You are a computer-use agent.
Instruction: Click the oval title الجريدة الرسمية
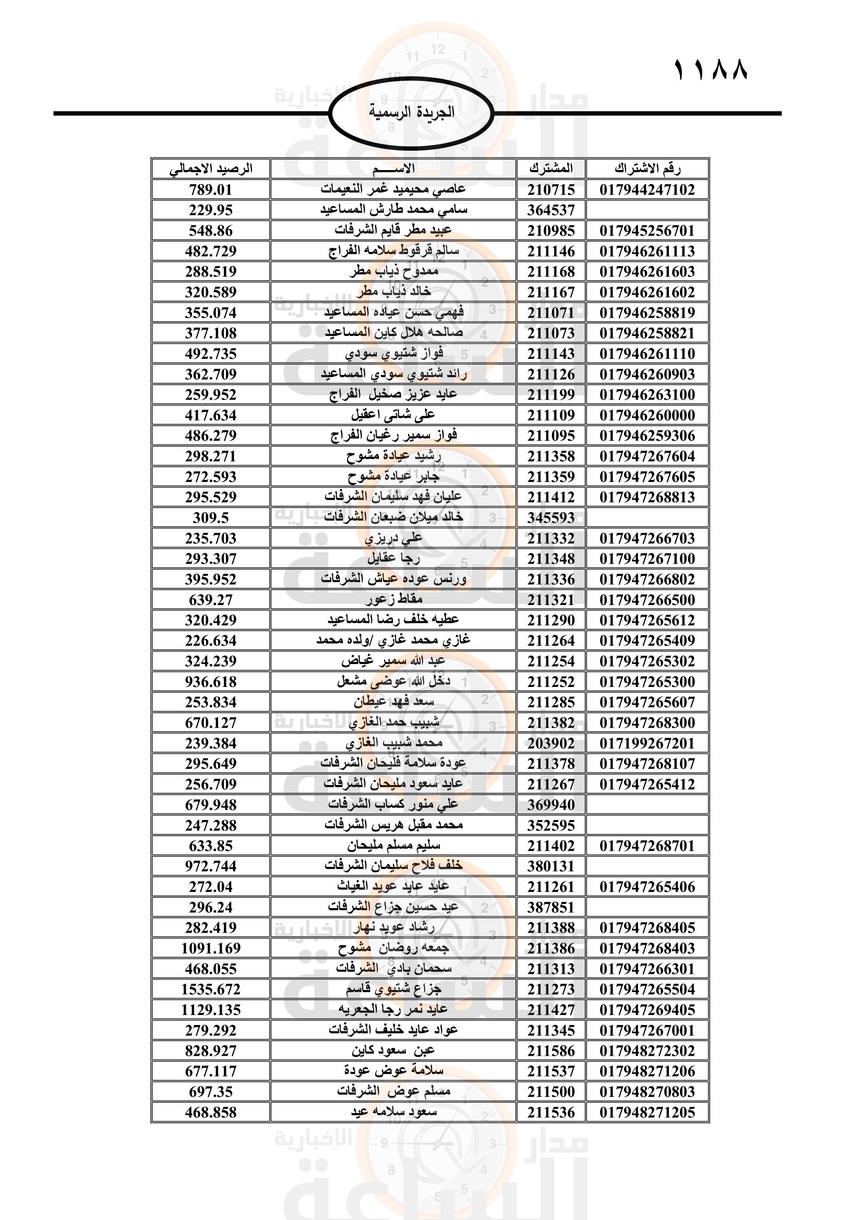[411, 113]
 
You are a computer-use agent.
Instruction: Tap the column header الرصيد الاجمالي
[211, 169]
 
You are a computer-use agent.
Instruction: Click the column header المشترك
[551, 169]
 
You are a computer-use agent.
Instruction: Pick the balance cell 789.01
[211, 190]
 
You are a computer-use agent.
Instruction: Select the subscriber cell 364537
[551, 210]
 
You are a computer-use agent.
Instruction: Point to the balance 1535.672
[211, 989]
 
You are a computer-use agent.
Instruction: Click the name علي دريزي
[393, 538]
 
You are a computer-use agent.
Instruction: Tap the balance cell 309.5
[211, 517]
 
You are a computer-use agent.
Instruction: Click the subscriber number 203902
[551, 743]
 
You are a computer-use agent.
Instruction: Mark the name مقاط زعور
[393, 600]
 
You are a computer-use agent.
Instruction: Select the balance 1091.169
[211, 948]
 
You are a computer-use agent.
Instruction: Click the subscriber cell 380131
[551, 866]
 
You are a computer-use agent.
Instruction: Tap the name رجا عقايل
[393, 559]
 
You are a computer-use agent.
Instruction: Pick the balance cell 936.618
[211, 682]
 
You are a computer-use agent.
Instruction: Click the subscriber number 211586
[551, 1051]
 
